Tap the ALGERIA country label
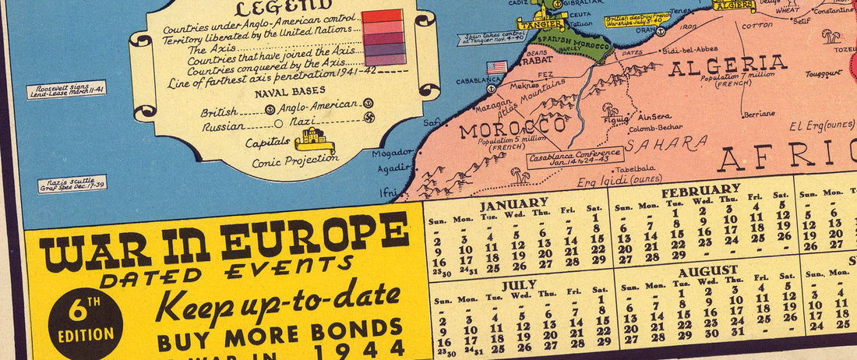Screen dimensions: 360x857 pos(728,65)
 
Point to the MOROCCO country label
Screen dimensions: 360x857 pos(512,126)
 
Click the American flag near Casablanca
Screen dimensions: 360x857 pos(496,67)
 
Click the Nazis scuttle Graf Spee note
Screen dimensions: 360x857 pos(72,184)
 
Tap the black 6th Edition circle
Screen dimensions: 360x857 pos(85,324)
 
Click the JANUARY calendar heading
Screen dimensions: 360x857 pos(513,205)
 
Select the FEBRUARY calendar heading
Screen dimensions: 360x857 pos(700,189)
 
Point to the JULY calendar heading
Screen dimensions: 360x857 pos(519,285)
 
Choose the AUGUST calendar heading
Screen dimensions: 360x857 pos(707,270)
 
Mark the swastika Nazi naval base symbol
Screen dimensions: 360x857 pos(369,122)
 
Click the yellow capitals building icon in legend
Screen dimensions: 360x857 pos(314,141)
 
